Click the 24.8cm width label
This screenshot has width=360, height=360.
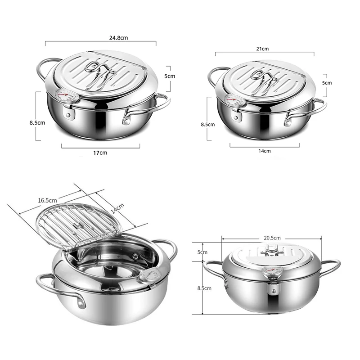point(100,37)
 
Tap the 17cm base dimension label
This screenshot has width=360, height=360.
point(100,153)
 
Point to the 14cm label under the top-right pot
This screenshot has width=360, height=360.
point(265,151)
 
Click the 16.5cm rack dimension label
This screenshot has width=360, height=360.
point(47,200)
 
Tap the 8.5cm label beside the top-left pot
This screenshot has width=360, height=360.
point(38,122)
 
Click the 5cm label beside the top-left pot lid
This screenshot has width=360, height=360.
point(169,76)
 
